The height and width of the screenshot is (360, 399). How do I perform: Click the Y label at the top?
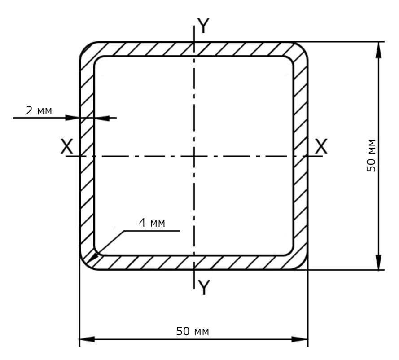point(203,26)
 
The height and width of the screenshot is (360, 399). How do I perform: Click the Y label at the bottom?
point(204,287)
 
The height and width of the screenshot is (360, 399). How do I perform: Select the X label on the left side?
point(67,146)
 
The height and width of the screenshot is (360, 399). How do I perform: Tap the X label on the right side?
point(321,146)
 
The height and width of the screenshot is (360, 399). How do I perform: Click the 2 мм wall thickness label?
point(39,111)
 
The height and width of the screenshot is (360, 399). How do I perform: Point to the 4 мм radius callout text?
point(152,223)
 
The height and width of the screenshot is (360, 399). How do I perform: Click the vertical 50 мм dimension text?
point(371,155)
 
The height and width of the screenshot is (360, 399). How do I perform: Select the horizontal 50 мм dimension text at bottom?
point(193,331)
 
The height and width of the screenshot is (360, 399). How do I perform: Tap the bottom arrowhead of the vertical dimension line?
point(379,261)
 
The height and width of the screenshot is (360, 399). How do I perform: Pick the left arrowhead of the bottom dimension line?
point(87,339)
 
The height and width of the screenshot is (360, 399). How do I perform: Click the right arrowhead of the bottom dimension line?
point(300,339)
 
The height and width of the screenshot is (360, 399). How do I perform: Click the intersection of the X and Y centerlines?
point(194,156)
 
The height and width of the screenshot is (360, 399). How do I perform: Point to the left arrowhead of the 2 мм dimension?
point(73,118)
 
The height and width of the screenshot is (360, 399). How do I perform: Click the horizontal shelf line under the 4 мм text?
point(152,231)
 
